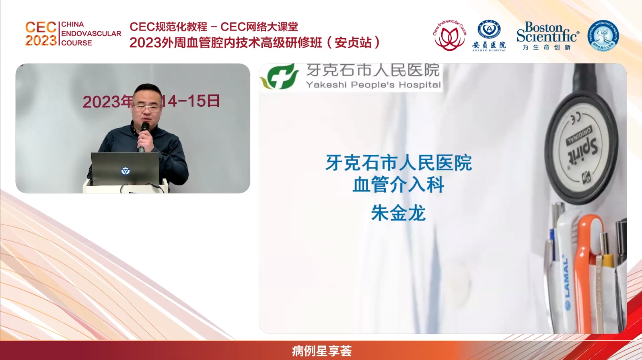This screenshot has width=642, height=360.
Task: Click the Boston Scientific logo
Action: (x=547, y=32)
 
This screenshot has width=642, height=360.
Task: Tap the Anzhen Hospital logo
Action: (x=489, y=35)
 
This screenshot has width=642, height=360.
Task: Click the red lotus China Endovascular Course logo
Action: (x=449, y=35)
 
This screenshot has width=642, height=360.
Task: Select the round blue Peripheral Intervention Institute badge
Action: (x=603, y=35)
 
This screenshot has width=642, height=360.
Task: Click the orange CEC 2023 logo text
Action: (x=41, y=34)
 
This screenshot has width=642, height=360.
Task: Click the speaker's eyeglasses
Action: (x=145, y=107)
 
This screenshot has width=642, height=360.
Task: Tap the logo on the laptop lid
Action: (x=126, y=171)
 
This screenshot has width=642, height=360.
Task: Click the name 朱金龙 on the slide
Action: (x=398, y=213)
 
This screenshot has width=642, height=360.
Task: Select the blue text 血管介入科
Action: (x=398, y=185)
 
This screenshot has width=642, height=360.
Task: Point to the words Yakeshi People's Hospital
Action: (x=373, y=85)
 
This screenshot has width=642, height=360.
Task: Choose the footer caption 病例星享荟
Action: (x=321, y=351)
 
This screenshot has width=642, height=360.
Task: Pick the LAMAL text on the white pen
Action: (x=566, y=278)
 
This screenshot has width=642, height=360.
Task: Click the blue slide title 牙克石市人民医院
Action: (x=398, y=163)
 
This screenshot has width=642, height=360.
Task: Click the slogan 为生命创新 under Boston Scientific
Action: (x=547, y=47)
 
